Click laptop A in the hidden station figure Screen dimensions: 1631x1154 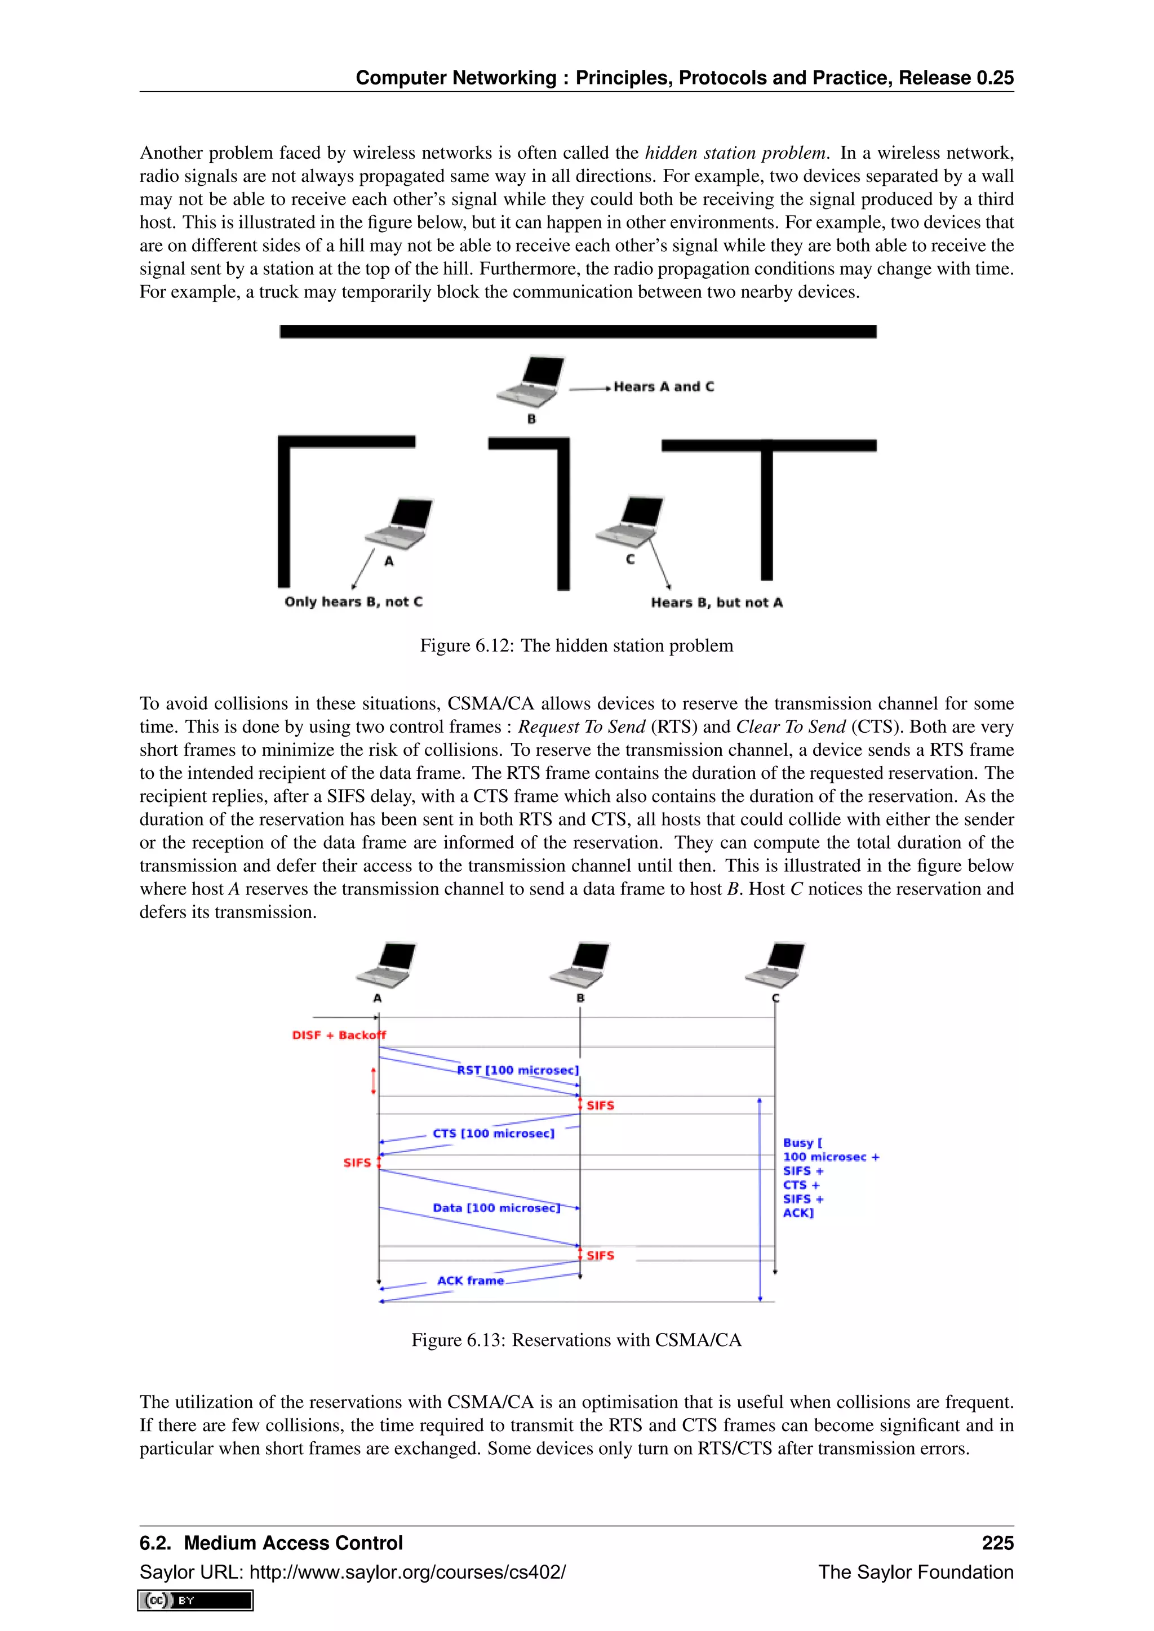[398, 523]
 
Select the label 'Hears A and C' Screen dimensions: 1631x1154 [663, 387]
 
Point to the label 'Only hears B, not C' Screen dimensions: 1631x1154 [353, 601]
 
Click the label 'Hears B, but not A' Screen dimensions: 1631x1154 [716, 603]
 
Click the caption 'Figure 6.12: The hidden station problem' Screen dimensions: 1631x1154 [576, 646]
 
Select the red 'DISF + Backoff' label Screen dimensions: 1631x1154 [338, 1035]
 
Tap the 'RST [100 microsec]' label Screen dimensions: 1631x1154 [517, 1070]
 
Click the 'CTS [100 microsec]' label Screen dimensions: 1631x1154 [493, 1133]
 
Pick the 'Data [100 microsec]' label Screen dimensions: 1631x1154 [496, 1207]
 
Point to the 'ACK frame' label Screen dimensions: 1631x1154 [470, 1280]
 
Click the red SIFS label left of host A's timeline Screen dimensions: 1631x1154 [357, 1163]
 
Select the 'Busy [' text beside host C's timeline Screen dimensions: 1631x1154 [802, 1142]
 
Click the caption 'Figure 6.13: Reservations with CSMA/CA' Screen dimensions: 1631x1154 [576, 1340]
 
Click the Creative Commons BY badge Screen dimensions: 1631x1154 [196, 1600]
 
